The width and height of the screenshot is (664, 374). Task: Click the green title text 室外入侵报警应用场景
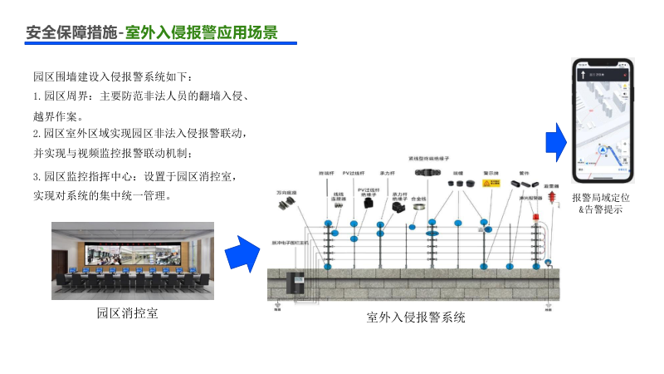(202, 32)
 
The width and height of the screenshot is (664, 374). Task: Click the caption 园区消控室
(128, 313)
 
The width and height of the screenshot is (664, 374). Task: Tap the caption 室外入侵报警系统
(416, 317)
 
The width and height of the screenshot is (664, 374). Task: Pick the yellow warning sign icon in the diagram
(491, 183)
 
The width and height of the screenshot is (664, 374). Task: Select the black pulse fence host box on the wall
(295, 282)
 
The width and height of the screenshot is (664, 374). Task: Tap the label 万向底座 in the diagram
(285, 192)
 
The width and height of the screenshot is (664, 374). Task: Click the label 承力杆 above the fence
(386, 174)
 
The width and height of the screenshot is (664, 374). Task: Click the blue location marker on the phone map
(602, 150)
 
